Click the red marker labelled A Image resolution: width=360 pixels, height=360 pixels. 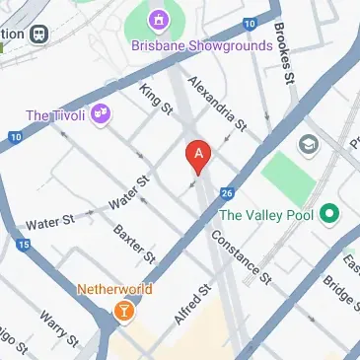[199, 155]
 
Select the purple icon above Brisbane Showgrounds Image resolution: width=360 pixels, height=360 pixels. [157, 19]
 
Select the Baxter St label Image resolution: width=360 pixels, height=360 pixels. [134, 243]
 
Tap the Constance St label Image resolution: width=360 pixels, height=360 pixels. [241, 258]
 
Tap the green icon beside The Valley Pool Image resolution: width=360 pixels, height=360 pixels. [329, 213]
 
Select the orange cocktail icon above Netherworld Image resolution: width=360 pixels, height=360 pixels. [123, 313]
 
